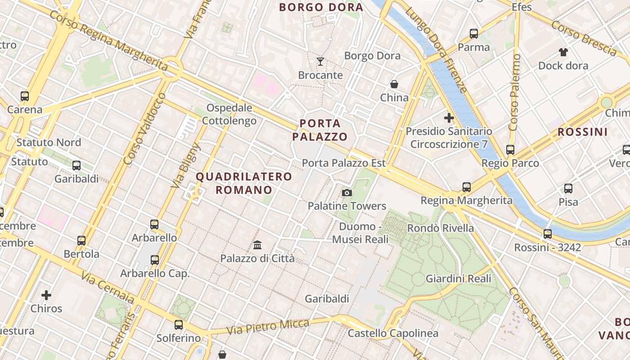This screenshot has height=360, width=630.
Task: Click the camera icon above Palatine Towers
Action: [347, 193]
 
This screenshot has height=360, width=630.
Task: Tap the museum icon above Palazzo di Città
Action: [257, 245]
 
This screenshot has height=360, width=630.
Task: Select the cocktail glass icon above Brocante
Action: [320, 62]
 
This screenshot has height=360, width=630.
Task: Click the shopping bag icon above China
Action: [394, 84]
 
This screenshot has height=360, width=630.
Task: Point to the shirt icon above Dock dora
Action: [563, 52]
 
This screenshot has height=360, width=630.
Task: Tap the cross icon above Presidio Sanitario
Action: [449, 118]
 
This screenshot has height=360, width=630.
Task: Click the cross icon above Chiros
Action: [46, 295]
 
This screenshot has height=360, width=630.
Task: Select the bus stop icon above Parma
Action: [474, 34]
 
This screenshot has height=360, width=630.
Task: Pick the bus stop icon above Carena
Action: [25, 96]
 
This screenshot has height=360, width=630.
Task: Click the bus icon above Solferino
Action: [179, 325]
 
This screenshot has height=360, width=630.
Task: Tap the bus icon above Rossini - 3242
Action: [548, 234]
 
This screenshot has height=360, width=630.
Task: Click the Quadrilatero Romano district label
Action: [244, 183]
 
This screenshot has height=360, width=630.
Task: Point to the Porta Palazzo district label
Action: [320, 130]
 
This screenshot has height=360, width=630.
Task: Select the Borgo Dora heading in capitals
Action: [321, 7]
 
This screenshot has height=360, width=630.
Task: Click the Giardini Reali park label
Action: [459, 279]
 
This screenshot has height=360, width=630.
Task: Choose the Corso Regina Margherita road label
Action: [108, 40]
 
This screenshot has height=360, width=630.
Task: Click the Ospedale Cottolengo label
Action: [229, 114]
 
